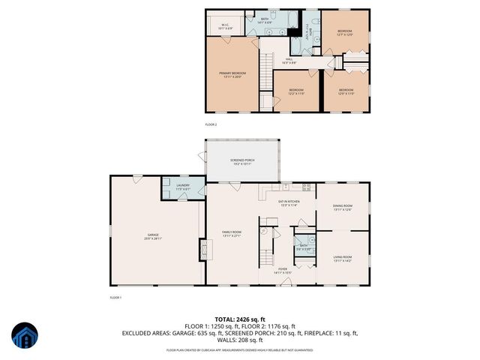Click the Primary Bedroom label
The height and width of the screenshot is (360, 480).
pos(233,74)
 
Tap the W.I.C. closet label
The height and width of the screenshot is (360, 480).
pos(224,26)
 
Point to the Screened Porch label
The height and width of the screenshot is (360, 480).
pos(244,160)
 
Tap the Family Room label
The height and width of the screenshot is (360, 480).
pos(232,235)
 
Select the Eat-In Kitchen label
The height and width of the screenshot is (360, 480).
pos(289,202)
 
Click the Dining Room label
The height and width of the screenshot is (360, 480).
pos(343,207)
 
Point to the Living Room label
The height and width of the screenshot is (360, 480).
pos(343,259)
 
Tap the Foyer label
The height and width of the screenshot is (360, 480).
pos(283,271)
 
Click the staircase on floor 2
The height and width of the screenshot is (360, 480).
pos(265,73)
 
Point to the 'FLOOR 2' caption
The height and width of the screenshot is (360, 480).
pos(211,124)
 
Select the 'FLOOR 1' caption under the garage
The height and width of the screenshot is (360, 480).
pos(115,298)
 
